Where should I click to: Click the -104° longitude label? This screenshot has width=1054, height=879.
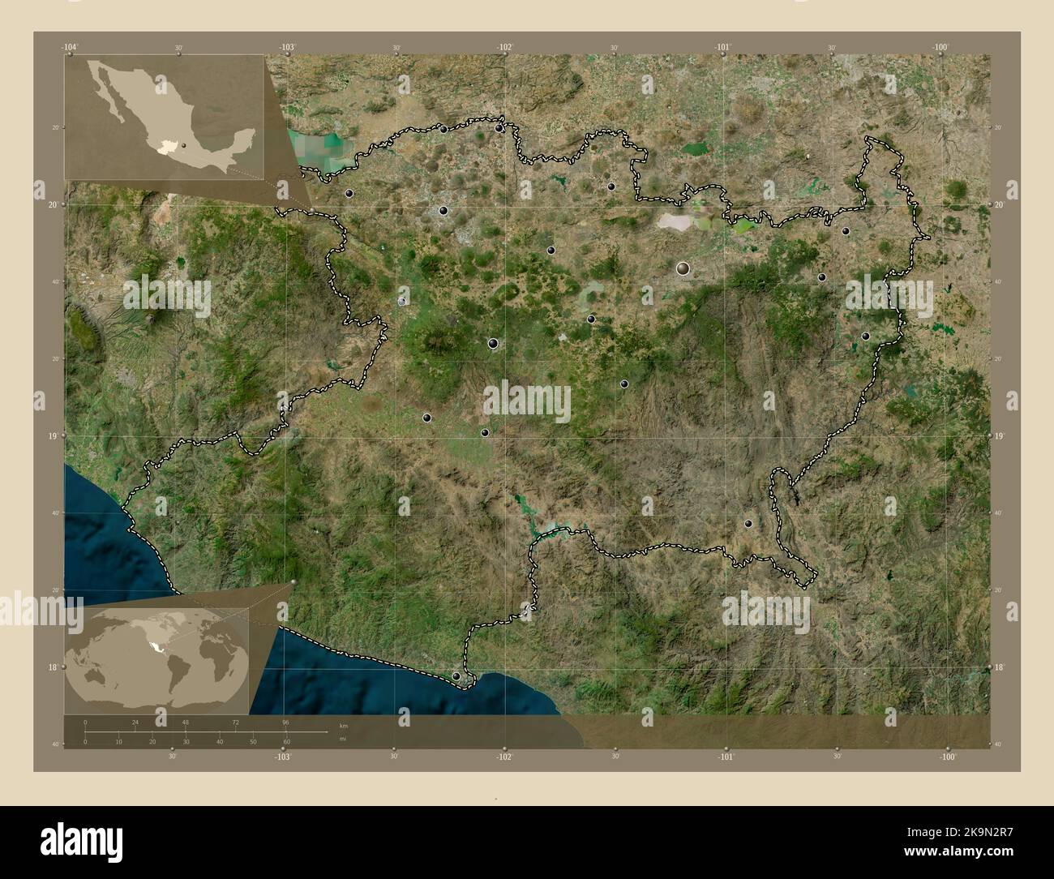[x=71, y=47]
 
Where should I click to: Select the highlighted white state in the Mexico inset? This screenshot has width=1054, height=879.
[x=167, y=147]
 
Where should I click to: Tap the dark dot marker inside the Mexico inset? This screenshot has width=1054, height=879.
[x=184, y=146]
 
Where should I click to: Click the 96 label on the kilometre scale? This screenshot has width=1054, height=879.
[x=285, y=722]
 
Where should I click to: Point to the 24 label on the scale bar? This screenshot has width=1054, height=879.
[x=135, y=722]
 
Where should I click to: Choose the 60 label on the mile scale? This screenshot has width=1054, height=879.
[x=286, y=741]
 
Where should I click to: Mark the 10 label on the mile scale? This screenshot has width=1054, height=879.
[x=118, y=741]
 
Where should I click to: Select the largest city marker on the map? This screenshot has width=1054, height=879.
[x=683, y=267]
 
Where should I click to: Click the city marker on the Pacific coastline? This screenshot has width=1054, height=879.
[x=456, y=675]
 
